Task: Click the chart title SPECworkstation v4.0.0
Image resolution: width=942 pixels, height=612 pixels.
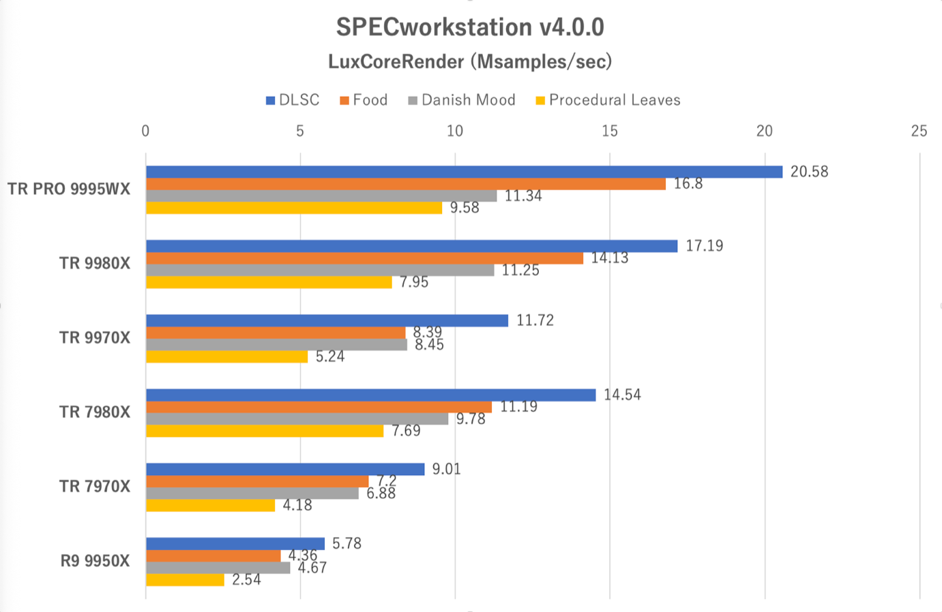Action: [x=470, y=27]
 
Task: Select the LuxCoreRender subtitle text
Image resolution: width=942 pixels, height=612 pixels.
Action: [x=470, y=62]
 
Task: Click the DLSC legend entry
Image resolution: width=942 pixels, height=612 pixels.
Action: [x=293, y=100]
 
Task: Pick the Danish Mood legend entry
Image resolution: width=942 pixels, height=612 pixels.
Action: [x=462, y=100]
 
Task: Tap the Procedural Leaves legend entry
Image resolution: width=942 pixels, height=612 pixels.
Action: [x=608, y=100]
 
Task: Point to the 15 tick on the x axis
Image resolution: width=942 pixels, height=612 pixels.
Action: [x=610, y=131]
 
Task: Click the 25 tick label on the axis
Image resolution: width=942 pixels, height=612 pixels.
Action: [x=919, y=131]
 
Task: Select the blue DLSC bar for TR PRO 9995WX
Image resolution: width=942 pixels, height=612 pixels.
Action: [x=464, y=172]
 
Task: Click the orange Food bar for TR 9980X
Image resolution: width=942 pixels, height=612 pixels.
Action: [x=364, y=258]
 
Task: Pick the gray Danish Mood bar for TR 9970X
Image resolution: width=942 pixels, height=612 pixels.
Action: [x=276, y=345]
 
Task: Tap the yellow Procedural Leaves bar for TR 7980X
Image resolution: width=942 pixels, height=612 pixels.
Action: [x=265, y=431]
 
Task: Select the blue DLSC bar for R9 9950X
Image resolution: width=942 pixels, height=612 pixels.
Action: [x=235, y=543]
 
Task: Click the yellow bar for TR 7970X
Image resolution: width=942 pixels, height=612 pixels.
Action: [x=210, y=505]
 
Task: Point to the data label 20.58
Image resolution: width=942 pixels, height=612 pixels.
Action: [x=809, y=172]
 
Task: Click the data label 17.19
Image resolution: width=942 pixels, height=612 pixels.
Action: [x=704, y=246]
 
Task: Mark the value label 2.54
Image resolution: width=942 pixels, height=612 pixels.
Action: [x=246, y=580]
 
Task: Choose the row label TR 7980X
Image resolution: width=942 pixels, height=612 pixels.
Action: [x=94, y=412]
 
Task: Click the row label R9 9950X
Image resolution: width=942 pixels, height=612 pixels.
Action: [x=95, y=561]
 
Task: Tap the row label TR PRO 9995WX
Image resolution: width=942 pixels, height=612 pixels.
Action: [x=69, y=189]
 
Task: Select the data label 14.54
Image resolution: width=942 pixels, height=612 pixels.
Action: [x=622, y=395]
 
